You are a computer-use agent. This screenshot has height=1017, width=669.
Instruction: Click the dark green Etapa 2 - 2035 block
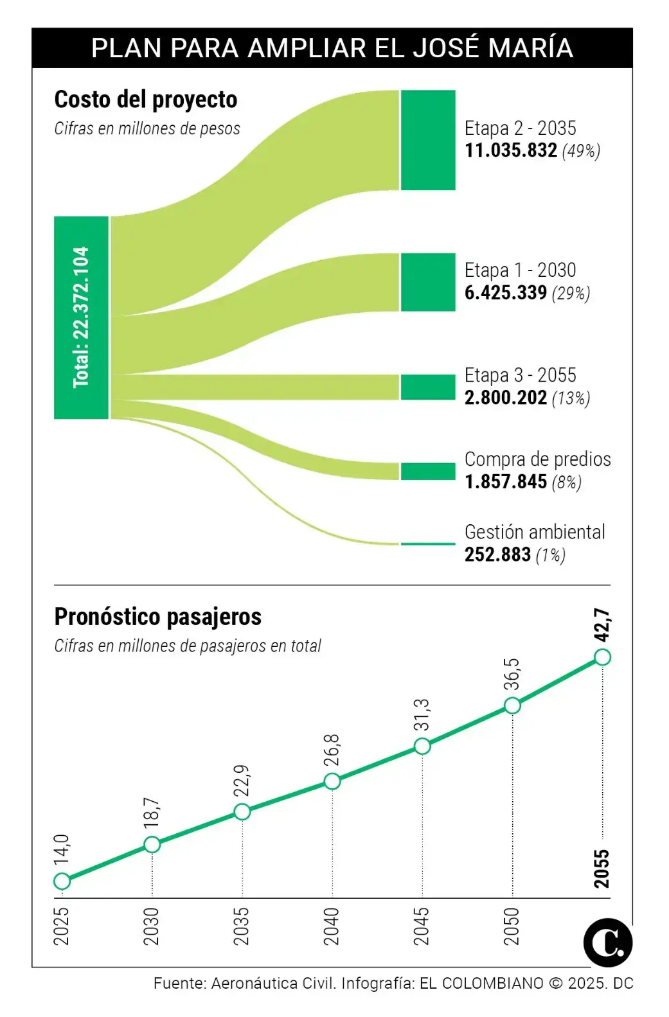(x=428, y=140)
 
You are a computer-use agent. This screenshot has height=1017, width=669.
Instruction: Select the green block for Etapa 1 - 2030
(x=428, y=283)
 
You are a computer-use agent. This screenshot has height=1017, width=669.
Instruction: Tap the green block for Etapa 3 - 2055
(x=428, y=387)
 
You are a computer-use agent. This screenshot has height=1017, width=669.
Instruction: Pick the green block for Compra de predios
(x=428, y=471)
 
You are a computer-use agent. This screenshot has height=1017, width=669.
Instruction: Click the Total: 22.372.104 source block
(x=81, y=317)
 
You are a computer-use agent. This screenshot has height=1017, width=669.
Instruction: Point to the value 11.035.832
(x=510, y=150)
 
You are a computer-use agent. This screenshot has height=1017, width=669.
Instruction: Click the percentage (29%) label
(x=571, y=294)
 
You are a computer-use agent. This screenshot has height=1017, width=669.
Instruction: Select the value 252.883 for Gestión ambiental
(x=497, y=554)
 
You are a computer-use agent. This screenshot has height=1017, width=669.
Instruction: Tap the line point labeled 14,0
(x=62, y=881)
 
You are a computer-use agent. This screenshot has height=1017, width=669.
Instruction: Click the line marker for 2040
(x=332, y=781)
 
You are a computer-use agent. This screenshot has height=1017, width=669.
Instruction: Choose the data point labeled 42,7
(x=602, y=657)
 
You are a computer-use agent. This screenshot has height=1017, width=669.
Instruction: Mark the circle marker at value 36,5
(x=512, y=705)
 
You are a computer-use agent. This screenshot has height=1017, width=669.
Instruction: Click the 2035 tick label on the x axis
(x=242, y=926)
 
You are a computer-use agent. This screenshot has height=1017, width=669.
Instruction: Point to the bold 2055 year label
(x=602, y=869)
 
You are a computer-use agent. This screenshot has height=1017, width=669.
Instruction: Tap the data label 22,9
(x=242, y=780)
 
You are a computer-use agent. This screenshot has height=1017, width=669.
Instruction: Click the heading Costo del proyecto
(x=146, y=100)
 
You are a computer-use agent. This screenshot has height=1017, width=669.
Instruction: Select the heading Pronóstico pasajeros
(x=157, y=617)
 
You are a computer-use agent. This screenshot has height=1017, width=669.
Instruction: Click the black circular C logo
(x=607, y=942)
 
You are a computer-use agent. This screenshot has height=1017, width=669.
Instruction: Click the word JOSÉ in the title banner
(x=446, y=48)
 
